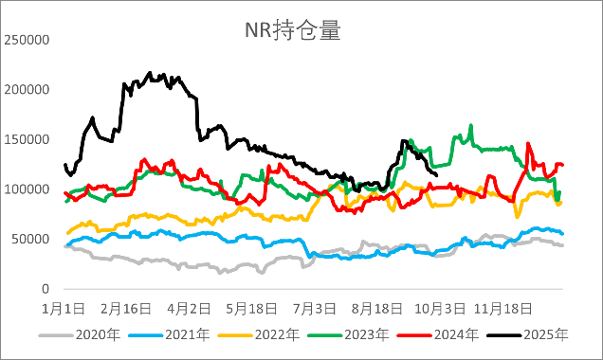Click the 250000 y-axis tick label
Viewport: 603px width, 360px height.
coord(27,40)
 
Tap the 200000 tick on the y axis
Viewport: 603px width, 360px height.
coord(27,90)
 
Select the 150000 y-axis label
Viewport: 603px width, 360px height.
coord(27,139)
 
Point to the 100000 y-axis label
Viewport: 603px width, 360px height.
coord(27,189)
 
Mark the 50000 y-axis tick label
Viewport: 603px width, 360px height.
coord(29,239)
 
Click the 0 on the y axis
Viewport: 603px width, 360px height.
coord(44,288)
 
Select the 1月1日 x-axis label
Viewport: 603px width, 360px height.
coord(64,308)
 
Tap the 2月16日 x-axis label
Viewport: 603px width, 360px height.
coord(127,308)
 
